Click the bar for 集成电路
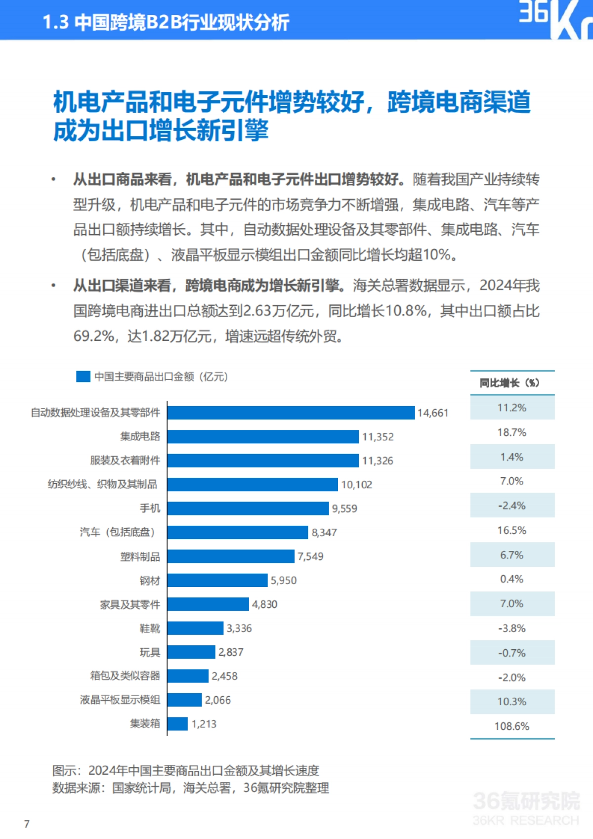263,436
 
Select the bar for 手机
248,508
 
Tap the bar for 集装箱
177,723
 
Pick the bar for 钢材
217,580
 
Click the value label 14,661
433,413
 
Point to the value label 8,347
324,533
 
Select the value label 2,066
218,700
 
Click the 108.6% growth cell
512,726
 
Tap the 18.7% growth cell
512,432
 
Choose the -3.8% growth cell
512,629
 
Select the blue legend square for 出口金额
83,377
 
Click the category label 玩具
150,653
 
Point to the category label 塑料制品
140,557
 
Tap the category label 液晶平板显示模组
120,700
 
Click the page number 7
27,824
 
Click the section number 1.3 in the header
55,23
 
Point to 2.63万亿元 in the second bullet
279,311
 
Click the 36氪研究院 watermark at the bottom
526,801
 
